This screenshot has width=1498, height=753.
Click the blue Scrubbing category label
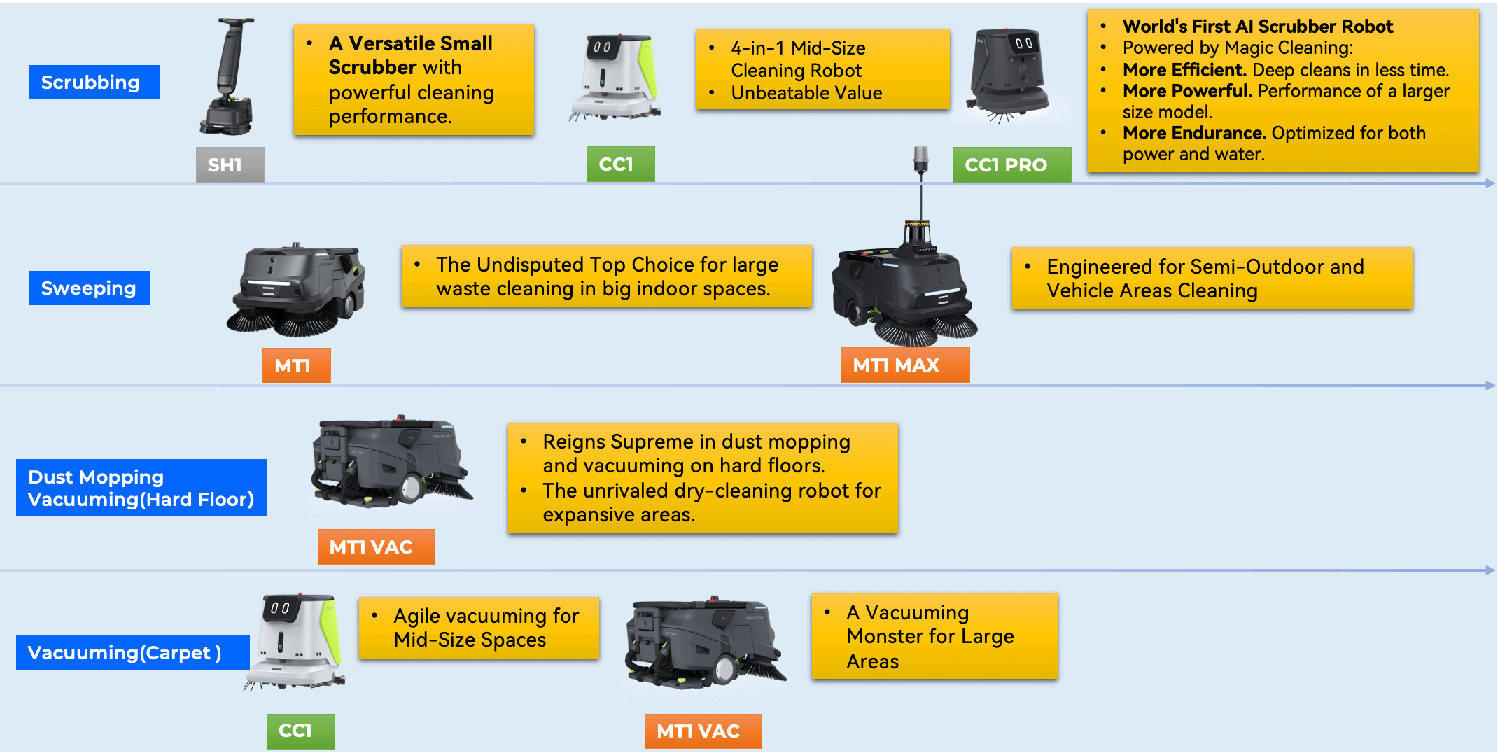click(x=94, y=82)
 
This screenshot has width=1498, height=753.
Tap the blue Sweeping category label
click(x=90, y=288)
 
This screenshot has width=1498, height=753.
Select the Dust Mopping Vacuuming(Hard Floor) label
click(x=141, y=488)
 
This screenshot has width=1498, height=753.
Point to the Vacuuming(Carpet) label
click(x=133, y=652)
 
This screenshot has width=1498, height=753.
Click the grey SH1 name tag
click(x=230, y=164)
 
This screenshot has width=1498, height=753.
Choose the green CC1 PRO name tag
click(x=1011, y=164)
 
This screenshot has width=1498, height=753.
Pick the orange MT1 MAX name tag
click(x=905, y=365)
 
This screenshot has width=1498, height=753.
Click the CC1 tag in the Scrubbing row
click(x=621, y=164)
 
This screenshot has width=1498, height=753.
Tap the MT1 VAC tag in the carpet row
click(x=703, y=731)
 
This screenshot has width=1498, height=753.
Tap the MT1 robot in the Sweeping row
click(x=296, y=288)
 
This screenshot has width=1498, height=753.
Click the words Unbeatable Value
click(x=806, y=93)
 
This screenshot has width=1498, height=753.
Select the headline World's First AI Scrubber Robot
click(x=1258, y=27)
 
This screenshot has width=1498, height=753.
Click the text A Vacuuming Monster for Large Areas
click(x=930, y=636)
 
